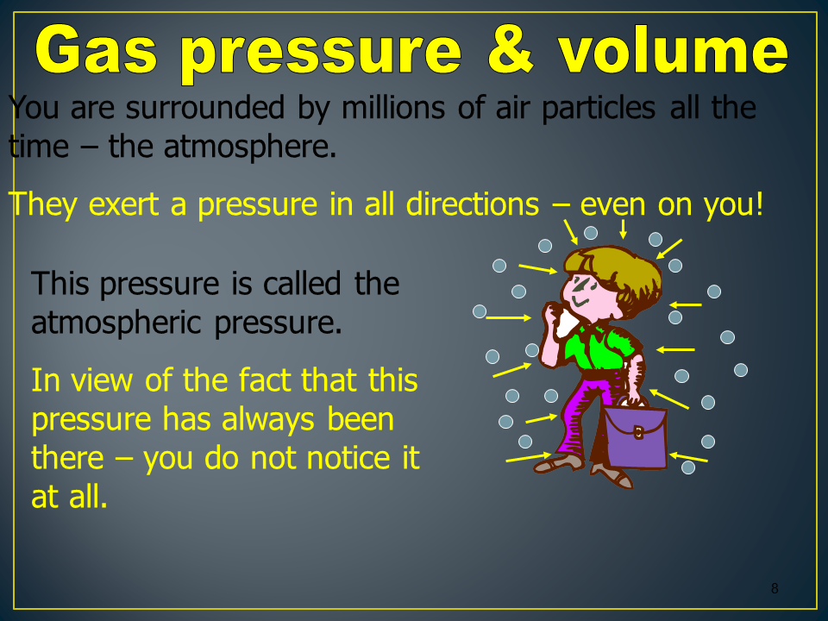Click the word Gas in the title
(97, 50)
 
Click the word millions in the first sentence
(393, 108)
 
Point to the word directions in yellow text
(473, 204)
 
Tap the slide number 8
(775, 588)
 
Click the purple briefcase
(636, 434)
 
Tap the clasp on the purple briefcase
(638, 432)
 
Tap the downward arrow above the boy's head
(623, 228)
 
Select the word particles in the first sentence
(599, 109)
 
